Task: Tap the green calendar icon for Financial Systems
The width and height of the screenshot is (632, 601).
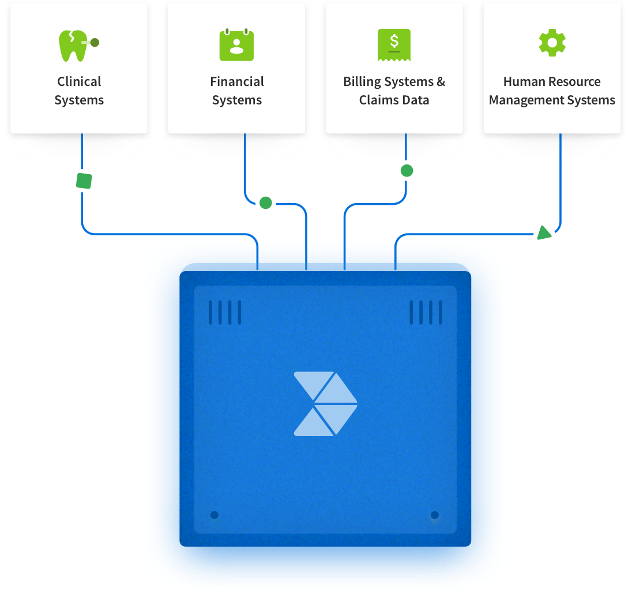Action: (236, 45)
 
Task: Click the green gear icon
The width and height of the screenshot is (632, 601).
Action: (552, 43)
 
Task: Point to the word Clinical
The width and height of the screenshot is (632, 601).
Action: (79, 82)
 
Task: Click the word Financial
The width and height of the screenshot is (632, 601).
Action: (237, 82)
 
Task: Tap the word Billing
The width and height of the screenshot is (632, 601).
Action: (362, 82)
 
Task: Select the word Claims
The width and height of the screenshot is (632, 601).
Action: (377, 100)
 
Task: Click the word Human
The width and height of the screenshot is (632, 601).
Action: (524, 82)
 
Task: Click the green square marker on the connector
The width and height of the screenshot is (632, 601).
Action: (84, 181)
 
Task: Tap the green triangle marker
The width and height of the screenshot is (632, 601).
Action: (544, 232)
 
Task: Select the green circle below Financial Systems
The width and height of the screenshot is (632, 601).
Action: (266, 202)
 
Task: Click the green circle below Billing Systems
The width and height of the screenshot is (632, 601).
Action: (407, 171)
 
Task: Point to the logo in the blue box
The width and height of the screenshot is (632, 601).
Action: (325, 403)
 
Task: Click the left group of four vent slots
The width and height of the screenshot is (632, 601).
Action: (224, 313)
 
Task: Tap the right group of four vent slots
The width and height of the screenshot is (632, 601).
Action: (426, 313)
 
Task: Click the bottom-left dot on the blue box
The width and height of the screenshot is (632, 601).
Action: (214, 514)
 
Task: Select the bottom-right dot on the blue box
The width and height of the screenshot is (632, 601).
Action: (434, 514)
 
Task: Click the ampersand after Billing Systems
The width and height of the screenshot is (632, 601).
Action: (441, 82)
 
